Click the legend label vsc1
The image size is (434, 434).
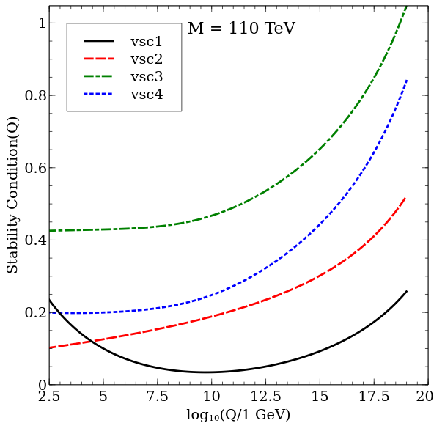click(147, 42)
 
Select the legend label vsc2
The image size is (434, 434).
click(147, 59)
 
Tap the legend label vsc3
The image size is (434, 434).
click(147, 77)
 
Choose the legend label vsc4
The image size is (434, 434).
click(147, 95)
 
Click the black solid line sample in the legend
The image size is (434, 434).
click(99, 42)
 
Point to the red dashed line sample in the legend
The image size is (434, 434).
click(99, 59)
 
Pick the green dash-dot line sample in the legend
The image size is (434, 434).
click(99, 77)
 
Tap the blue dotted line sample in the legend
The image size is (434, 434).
click(99, 95)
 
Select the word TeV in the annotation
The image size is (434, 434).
click(279, 29)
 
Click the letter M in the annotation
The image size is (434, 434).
click(196, 29)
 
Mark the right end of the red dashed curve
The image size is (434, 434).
click(406, 196)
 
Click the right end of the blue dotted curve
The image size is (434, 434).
click(407, 79)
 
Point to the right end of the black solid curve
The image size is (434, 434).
click(407, 291)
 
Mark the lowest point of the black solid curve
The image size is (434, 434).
click(205, 372)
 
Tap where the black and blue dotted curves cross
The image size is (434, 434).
click(56, 312)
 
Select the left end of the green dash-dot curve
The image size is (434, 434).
click(50, 231)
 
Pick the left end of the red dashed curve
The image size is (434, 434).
click(50, 347)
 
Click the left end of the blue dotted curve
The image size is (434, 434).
click(50, 313)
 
